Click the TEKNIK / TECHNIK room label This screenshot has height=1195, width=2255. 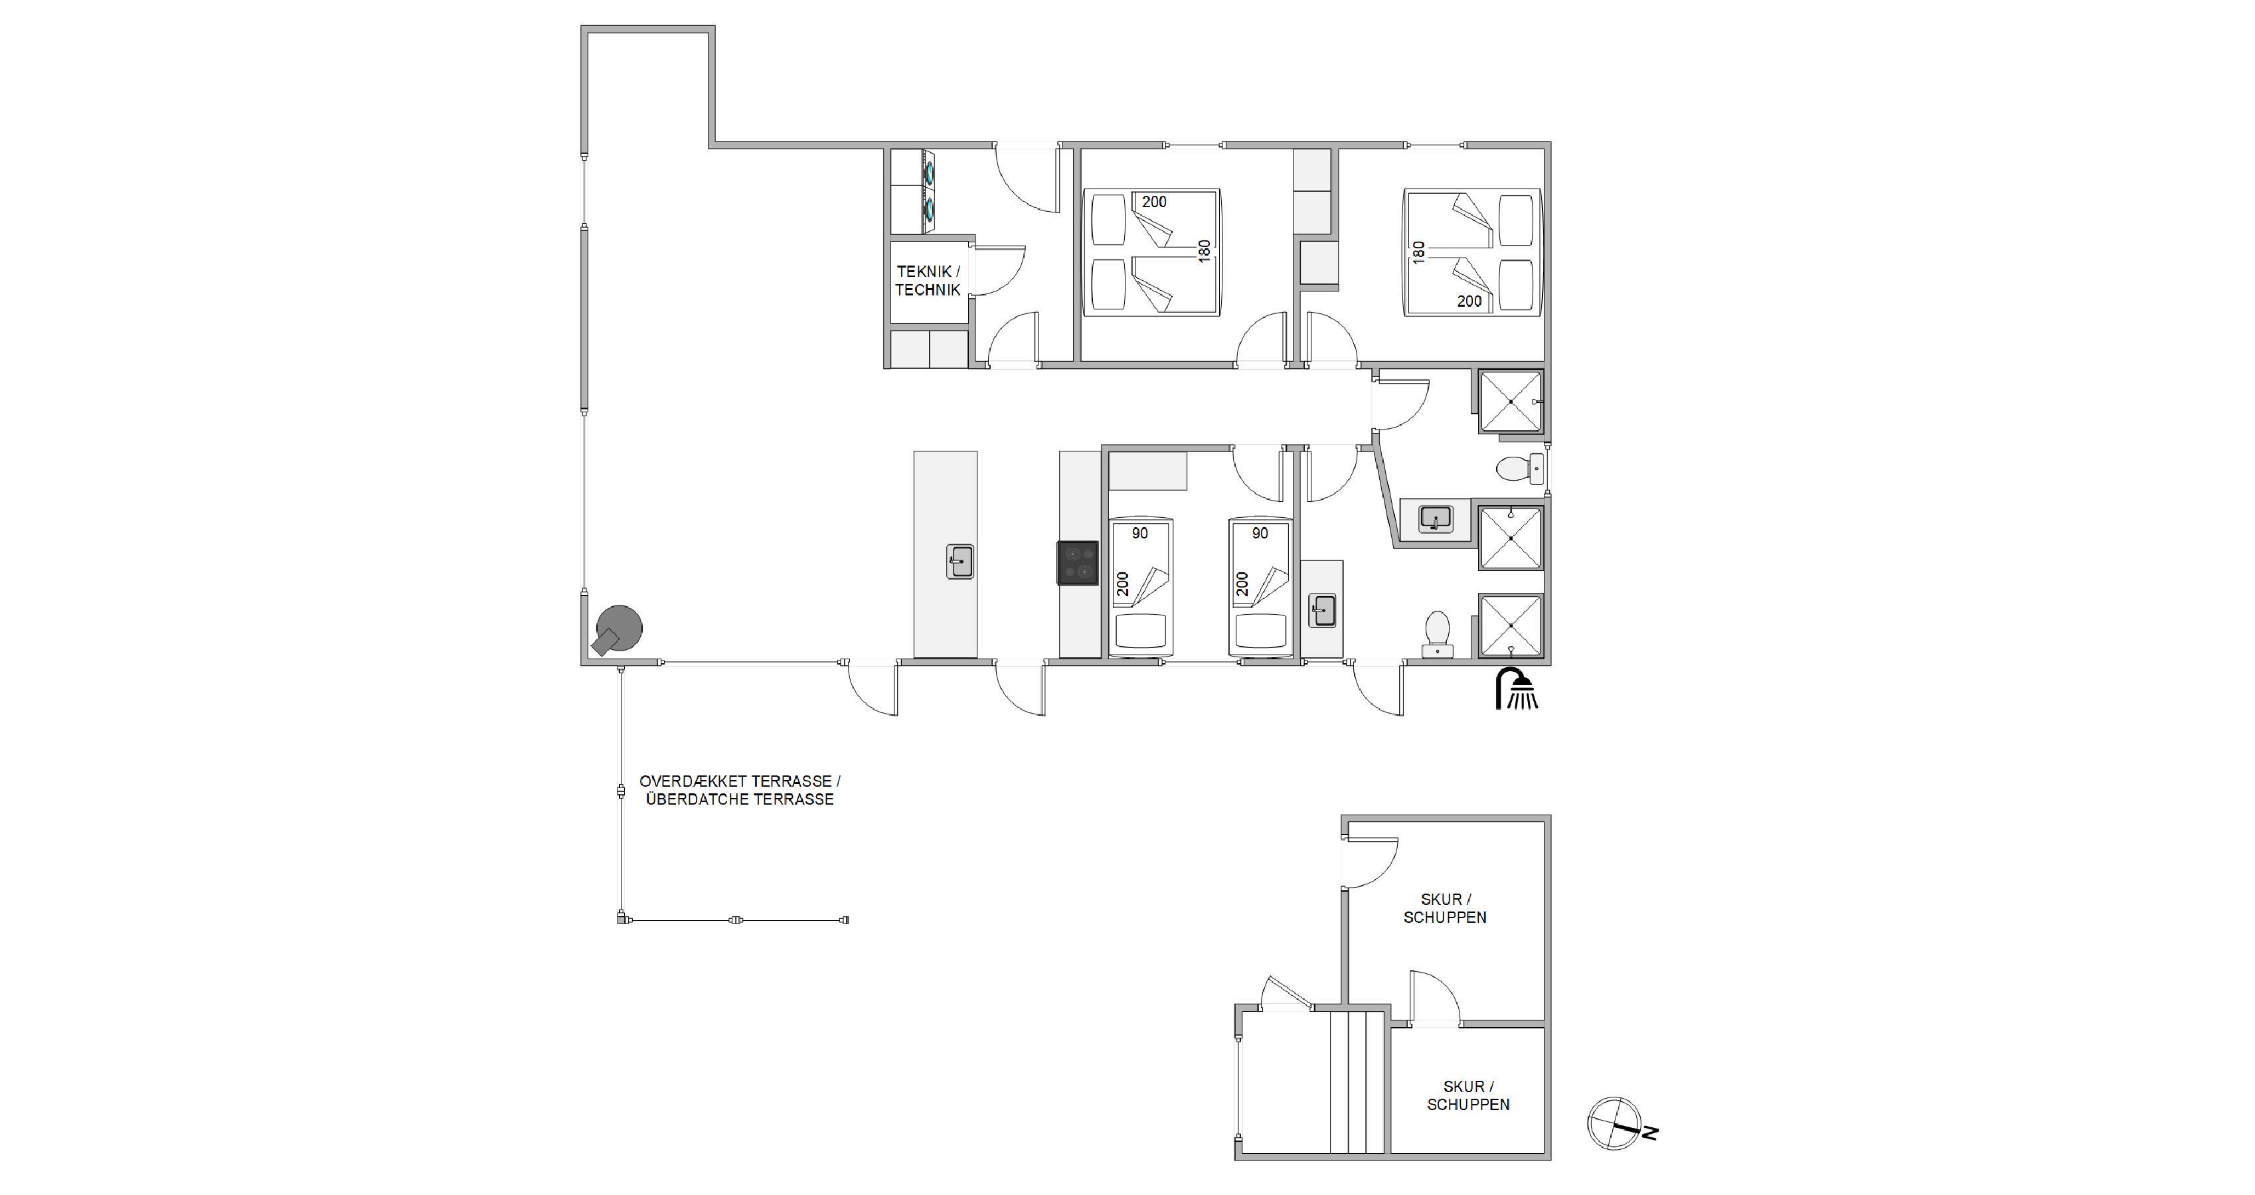coord(928,281)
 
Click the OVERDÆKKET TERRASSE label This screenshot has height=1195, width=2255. coord(740,781)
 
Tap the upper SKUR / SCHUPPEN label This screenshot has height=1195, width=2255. coord(1446,908)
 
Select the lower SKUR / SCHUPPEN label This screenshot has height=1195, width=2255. coord(1468,1095)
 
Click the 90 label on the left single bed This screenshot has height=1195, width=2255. coord(1139,533)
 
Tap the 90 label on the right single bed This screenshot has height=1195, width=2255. coord(1260,533)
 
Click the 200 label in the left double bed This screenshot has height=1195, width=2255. coord(1155,202)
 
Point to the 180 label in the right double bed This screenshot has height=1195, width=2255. coord(1419,252)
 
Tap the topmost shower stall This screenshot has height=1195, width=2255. coord(1511,401)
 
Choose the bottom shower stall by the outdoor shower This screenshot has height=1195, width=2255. coord(1511,626)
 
